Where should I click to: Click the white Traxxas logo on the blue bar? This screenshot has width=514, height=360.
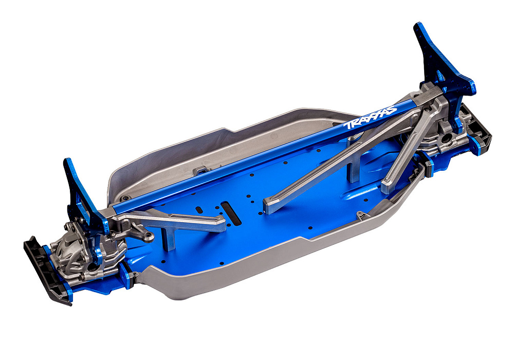(371, 118)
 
